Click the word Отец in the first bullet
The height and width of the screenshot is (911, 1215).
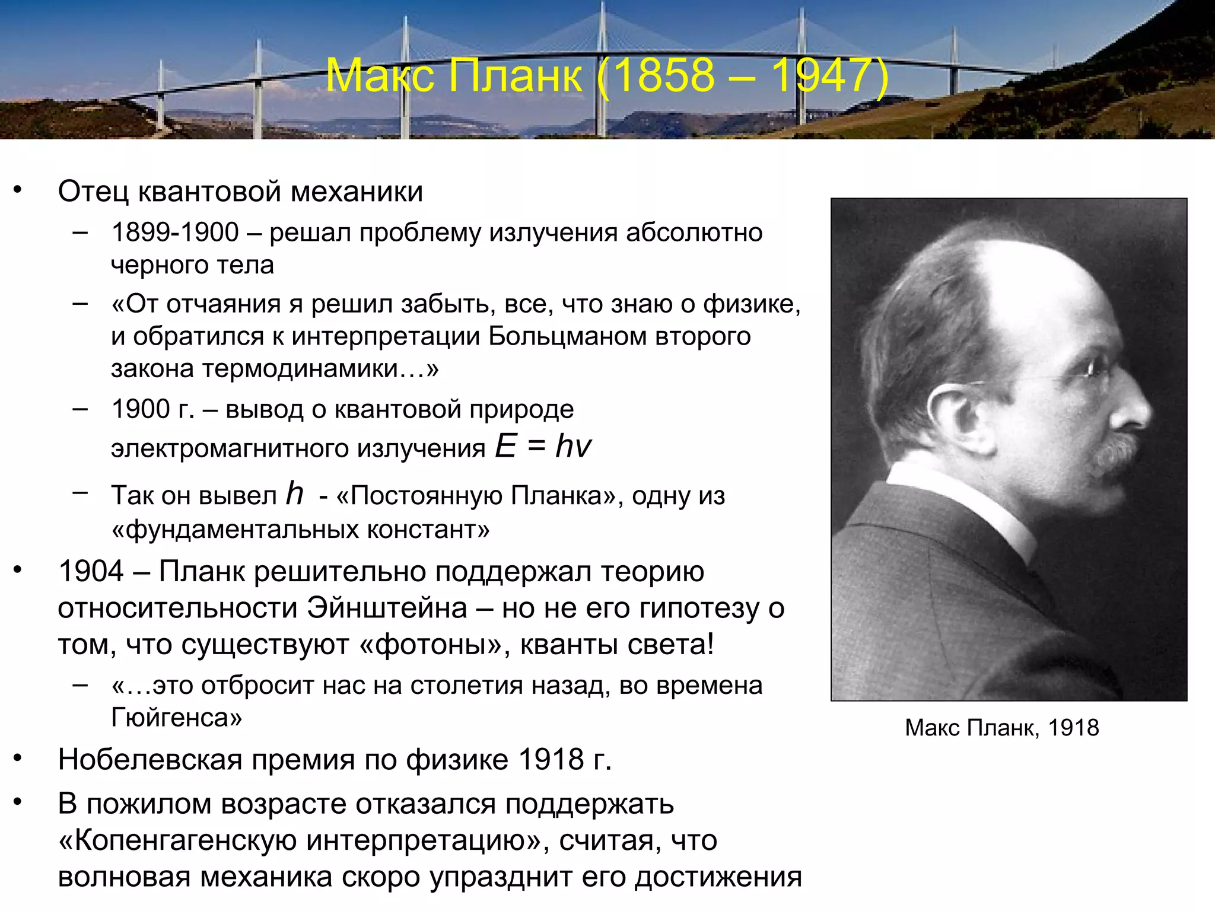pyautogui.click(x=93, y=192)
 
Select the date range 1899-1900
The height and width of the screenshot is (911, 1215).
pyautogui.click(x=175, y=232)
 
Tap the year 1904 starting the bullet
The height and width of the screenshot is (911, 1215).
pyautogui.click(x=91, y=571)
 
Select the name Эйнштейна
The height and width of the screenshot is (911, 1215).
pyautogui.click(x=387, y=608)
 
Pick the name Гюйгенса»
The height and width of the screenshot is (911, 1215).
pyautogui.click(x=177, y=718)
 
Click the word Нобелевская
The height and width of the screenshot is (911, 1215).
pyautogui.click(x=150, y=759)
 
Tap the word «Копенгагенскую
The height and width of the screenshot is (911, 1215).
pyautogui.click(x=177, y=840)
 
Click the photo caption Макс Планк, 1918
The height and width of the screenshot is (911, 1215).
pyautogui.click(x=1002, y=728)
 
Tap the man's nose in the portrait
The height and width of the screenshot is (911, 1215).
pyautogui.click(x=1136, y=409)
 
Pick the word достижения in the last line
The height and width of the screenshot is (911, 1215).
pyautogui.click(x=718, y=877)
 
